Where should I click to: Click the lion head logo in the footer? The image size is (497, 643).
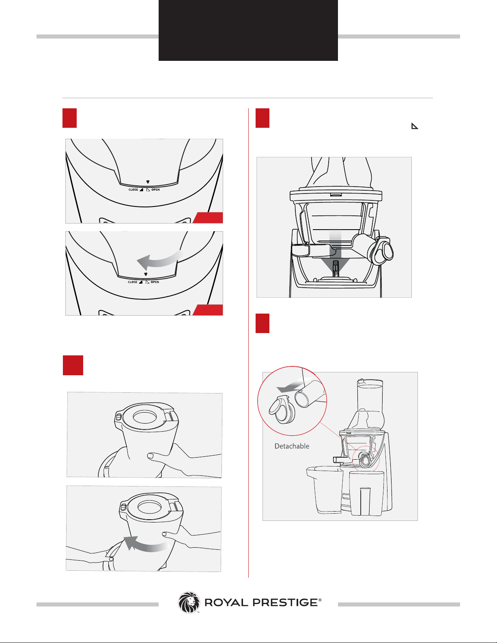pyautogui.click(x=189, y=602)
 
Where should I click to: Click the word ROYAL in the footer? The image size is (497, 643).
pyautogui.click(x=226, y=602)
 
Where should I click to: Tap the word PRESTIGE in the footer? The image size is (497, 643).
pyautogui.click(x=285, y=602)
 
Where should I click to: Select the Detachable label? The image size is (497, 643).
pyautogui.click(x=292, y=446)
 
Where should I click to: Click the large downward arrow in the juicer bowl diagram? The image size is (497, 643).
pyautogui.click(x=335, y=252)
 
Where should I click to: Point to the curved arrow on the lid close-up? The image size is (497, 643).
pyautogui.click(x=160, y=259)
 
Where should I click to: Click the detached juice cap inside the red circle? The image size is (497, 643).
pyautogui.click(x=282, y=410)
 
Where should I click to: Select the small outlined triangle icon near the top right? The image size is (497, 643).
pyautogui.click(x=414, y=126)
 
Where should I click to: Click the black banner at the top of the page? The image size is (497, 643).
pyautogui.click(x=248, y=30)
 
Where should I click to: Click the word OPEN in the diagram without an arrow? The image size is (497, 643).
pyautogui.click(x=156, y=190)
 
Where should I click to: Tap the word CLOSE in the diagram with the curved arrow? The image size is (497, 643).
pyautogui.click(x=133, y=282)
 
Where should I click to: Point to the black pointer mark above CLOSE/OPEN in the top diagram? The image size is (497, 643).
pyautogui.click(x=148, y=182)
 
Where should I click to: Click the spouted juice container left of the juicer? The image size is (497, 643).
pyautogui.click(x=325, y=490)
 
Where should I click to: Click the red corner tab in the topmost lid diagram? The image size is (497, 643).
pyautogui.click(x=209, y=218)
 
